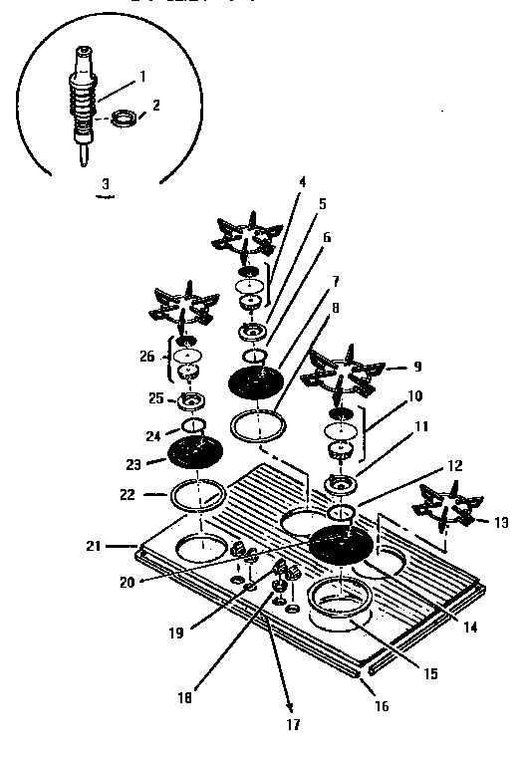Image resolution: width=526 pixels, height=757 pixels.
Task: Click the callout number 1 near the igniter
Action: click(x=143, y=76)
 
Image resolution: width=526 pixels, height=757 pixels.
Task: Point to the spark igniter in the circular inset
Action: click(x=83, y=105)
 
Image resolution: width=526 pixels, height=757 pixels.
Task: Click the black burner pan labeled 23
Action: click(x=197, y=453)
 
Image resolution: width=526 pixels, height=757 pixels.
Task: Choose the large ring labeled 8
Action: click(x=257, y=424)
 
